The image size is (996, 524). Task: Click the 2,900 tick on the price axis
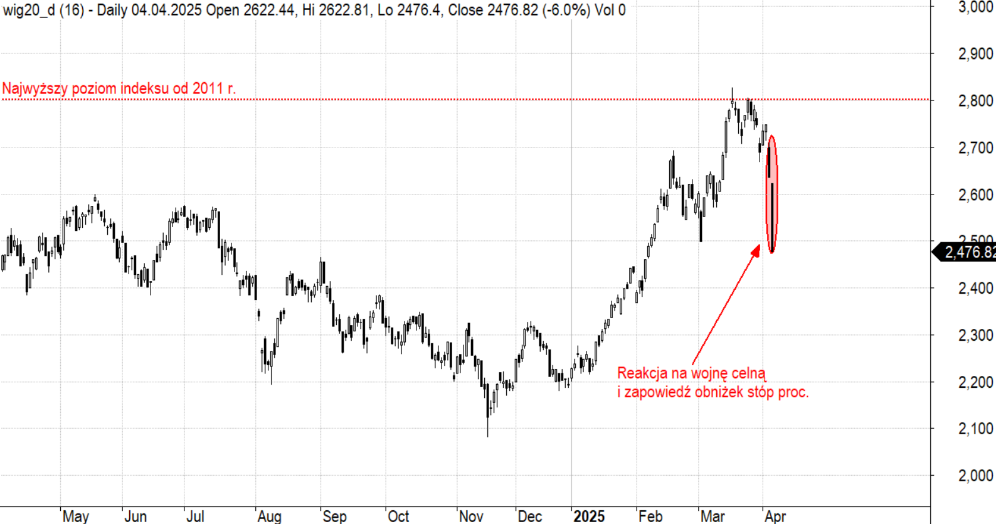[x=975, y=54]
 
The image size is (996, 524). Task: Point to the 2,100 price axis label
[x=975, y=429]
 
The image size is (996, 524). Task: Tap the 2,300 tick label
[x=975, y=335]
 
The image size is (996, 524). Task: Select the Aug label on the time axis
[x=269, y=516]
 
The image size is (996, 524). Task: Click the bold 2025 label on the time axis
[x=589, y=516]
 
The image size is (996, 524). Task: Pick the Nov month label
[x=471, y=516]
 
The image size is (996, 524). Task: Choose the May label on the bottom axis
[x=76, y=516]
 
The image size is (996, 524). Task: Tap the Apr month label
[x=775, y=516]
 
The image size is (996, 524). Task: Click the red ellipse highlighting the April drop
[x=772, y=195]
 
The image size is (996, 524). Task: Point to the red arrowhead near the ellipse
[x=756, y=250]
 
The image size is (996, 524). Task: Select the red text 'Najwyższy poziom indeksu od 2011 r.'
[x=119, y=88]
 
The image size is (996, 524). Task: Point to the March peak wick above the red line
[x=732, y=93]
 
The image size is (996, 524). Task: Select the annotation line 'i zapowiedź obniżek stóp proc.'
[x=713, y=392]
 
